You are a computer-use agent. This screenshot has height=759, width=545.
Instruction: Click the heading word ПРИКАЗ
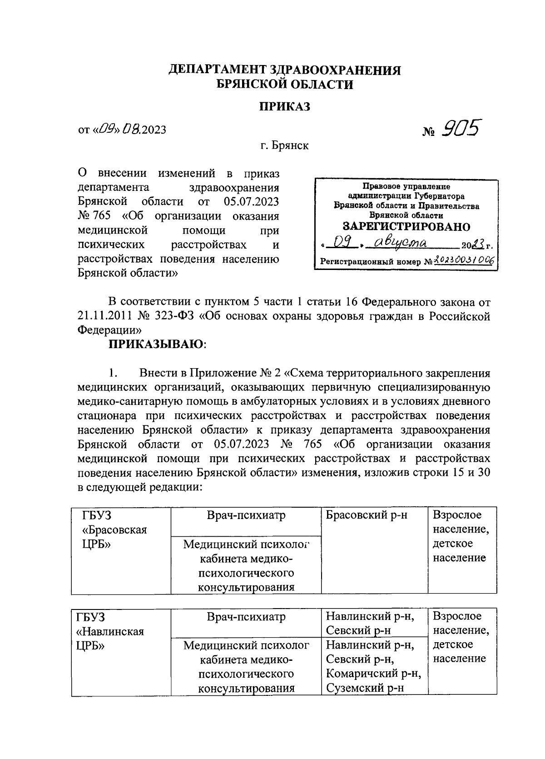point(285,107)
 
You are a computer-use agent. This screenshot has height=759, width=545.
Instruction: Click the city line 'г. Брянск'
point(285,145)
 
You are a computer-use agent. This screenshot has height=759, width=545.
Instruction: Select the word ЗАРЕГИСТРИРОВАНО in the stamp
point(406,227)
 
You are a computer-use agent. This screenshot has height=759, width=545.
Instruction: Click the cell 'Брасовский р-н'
point(367,515)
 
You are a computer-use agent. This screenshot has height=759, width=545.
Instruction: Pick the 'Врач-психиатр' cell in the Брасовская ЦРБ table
point(246,515)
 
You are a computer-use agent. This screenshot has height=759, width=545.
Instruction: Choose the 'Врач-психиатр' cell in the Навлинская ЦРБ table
point(246,617)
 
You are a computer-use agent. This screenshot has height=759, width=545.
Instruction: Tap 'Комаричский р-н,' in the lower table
point(373,673)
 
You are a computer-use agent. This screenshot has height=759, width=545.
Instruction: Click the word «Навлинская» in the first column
point(113,631)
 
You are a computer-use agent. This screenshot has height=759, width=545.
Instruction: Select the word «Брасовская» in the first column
point(114,530)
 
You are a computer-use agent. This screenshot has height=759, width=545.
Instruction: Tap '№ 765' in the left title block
point(94,216)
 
